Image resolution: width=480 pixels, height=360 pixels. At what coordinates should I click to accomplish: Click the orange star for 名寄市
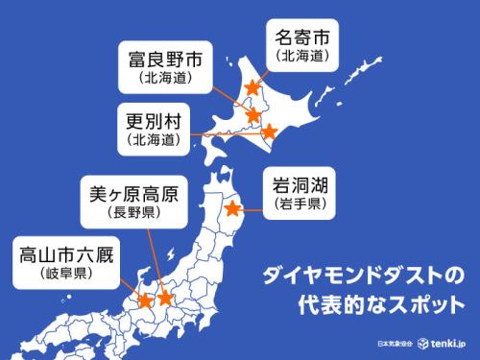pos(252,86)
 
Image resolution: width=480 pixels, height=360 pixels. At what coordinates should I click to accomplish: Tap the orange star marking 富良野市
pos(252,116)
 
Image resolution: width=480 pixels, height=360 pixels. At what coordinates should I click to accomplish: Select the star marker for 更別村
pos(270,132)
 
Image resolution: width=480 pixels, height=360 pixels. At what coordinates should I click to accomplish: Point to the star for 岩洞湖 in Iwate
pos(232,206)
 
